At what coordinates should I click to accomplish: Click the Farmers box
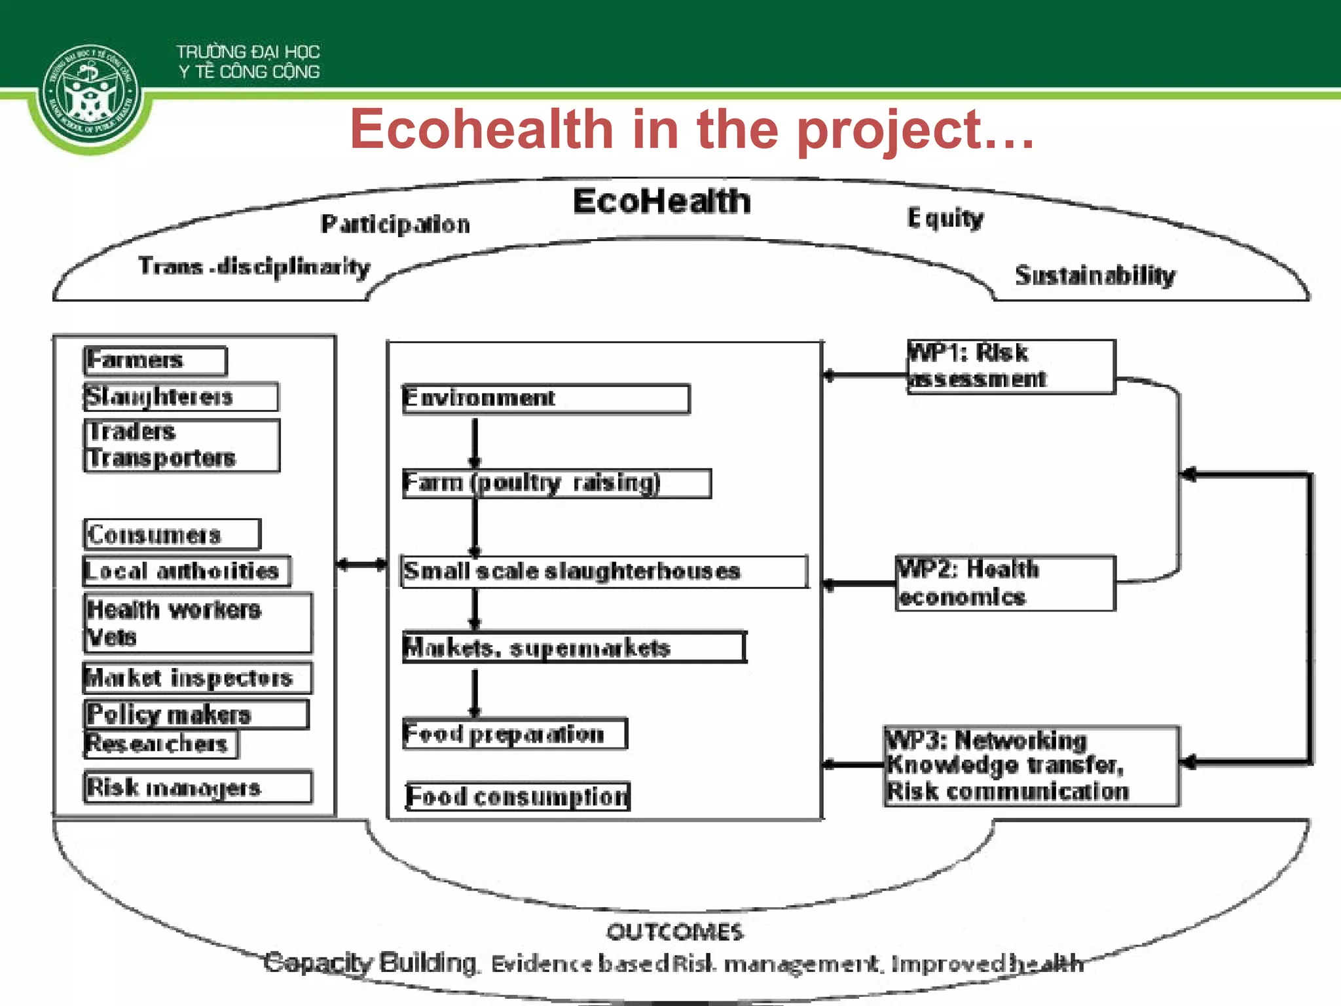pyautogui.click(x=156, y=361)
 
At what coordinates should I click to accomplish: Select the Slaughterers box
pyautogui.click(x=181, y=397)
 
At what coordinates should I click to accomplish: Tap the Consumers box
pyautogui.click(x=172, y=534)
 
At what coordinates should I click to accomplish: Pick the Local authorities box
pyautogui.click(x=187, y=571)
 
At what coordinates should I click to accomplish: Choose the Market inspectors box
pyautogui.click(x=197, y=678)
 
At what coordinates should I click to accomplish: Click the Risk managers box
pyautogui.click(x=198, y=787)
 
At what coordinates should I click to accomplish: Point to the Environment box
pyautogui.click(x=545, y=399)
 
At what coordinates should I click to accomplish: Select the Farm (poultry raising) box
pyautogui.click(x=557, y=483)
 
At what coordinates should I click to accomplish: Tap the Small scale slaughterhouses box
pyautogui.click(x=604, y=572)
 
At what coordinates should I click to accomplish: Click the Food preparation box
pyautogui.click(x=515, y=734)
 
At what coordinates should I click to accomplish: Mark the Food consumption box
pyautogui.click(x=517, y=796)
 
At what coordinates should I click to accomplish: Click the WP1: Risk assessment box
pyautogui.click(x=1010, y=367)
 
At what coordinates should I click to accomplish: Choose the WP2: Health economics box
pyautogui.click(x=1005, y=584)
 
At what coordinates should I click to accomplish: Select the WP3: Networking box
pyautogui.click(x=1031, y=766)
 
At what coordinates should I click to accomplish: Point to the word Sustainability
pyautogui.click(x=1095, y=276)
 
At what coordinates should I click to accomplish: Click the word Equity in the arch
pyautogui.click(x=946, y=219)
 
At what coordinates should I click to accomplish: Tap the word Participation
pyautogui.click(x=395, y=225)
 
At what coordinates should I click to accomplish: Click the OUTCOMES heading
pyautogui.click(x=674, y=932)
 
